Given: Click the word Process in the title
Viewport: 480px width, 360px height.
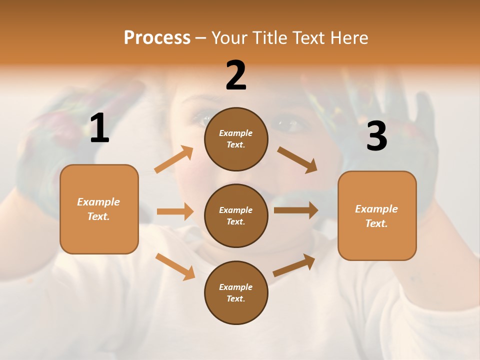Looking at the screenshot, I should click(x=157, y=38).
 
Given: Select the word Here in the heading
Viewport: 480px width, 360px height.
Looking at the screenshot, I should click(x=348, y=38).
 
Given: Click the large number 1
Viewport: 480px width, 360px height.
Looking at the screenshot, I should click(x=99, y=128).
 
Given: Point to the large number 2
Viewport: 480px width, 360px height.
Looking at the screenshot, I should click(x=236, y=75).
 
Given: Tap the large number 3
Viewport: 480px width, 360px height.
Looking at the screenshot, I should click(x=376, y=136).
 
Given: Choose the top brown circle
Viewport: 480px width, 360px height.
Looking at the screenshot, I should click(x=236, y=139).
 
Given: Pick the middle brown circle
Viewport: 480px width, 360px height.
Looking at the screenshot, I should click(x=236, y=215).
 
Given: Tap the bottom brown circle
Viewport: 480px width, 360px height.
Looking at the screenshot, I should click(x=236, y=292).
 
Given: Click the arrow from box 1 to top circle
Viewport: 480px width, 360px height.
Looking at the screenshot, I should click(x=173, y=159).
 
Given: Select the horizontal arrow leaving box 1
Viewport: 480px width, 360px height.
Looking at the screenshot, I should click(x=174, y=211).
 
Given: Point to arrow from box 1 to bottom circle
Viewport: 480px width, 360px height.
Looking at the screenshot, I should click(x=175, y=266).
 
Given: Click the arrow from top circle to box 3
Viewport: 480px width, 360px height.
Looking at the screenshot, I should click(x=297, y=160).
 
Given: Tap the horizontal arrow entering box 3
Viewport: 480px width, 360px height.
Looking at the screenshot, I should click(x=295, y=210).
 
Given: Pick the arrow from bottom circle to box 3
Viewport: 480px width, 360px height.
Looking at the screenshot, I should click(x=294, y=265).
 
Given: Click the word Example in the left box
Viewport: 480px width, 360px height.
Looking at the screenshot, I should click(x=98, y=202).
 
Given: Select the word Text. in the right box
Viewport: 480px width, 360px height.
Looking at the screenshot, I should click(x=376, y=223).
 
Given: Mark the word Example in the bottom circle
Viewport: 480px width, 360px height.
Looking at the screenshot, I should click(x=236, y=287).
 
